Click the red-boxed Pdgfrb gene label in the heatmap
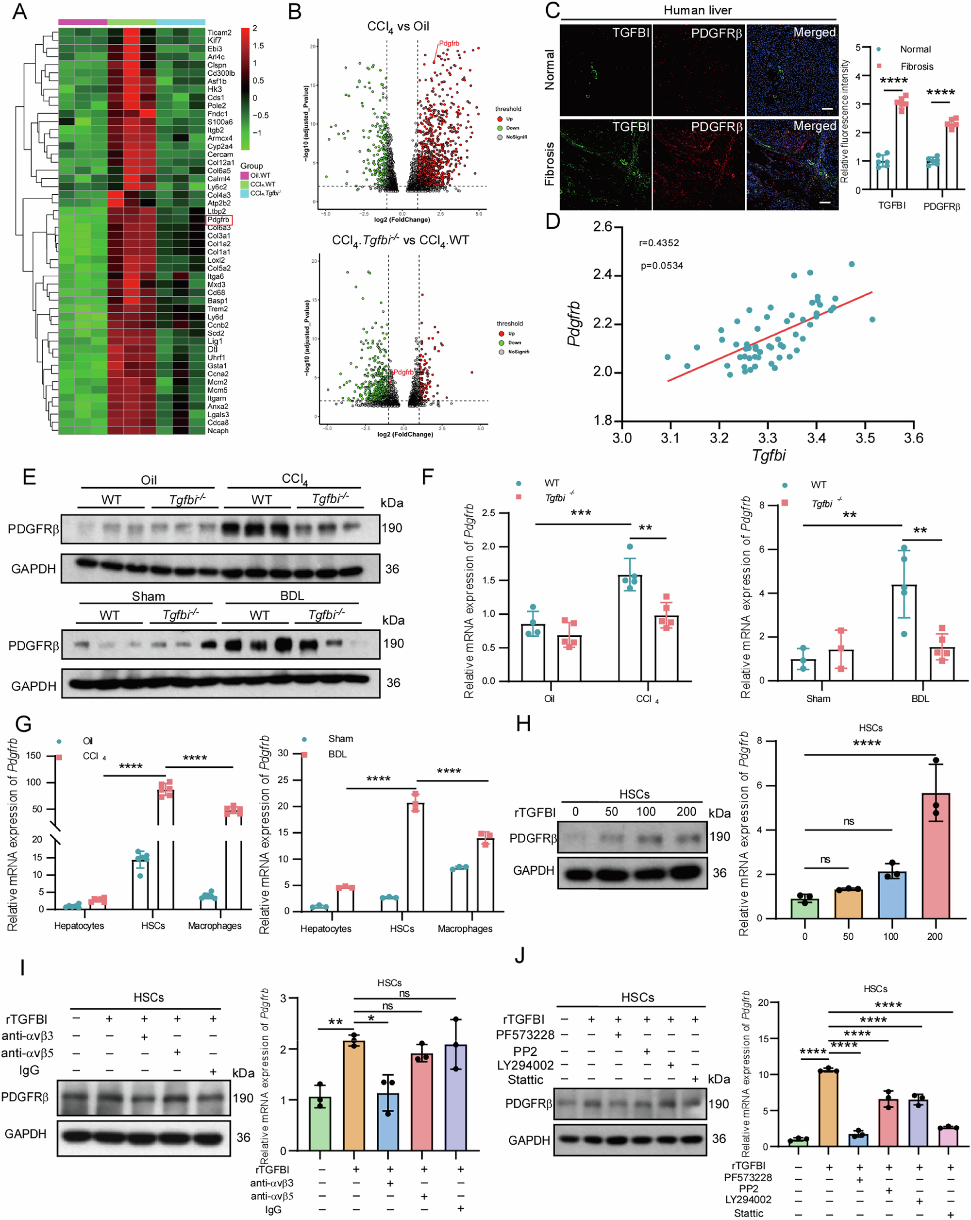tap(219, 220)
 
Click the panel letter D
tap(552, 221)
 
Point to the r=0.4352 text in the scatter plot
tap(659, 243)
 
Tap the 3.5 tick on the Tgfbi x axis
tap(865, 438)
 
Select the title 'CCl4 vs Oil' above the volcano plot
tap(398, 27)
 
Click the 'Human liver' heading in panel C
tap(697, 11)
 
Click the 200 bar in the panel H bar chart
tap(936, 857)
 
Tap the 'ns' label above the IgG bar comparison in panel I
tap(404, 994)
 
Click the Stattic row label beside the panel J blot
tap(525, 1080)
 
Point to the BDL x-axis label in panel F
tap(920, 699)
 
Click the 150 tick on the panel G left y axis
tap(33, 755)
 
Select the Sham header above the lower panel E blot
tap(148, 596)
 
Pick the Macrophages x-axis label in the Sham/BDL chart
tap(465, 929)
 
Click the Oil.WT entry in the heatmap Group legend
tap(260, 175)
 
